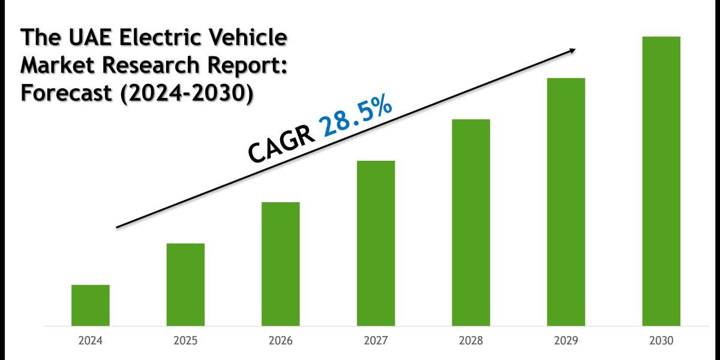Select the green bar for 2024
[90, 305]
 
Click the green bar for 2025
[185, 284]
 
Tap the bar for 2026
[280, 263]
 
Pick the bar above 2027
[376, 243]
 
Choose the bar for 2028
[471, 222]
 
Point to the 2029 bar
[566, 202]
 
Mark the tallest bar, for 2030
[661, 181]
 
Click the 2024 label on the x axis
[90, 341]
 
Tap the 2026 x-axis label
[280, 341]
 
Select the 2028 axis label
[471, 341]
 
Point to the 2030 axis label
[661, 341]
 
